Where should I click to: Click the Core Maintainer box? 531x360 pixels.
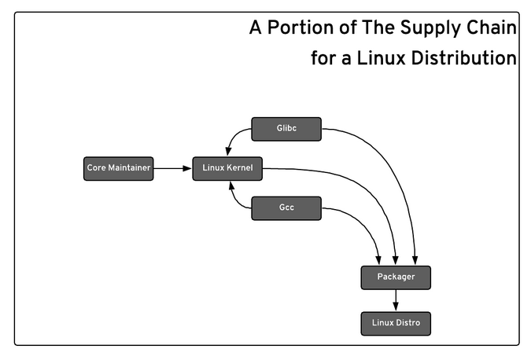click(118, 168)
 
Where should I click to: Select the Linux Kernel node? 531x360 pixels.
click(227, 168)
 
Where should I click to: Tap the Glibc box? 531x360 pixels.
click(286, 129)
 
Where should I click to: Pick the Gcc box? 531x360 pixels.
click(286, 208)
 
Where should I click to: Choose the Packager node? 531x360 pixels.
click(396, 277)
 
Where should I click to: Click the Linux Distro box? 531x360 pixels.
click(396, 322)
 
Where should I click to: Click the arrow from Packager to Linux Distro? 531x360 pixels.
click(396, 299)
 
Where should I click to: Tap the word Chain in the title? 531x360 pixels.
click(492, 28)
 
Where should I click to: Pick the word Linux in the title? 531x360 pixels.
click(365, 57)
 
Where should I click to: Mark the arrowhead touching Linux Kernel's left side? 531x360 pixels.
click(187, 168)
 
